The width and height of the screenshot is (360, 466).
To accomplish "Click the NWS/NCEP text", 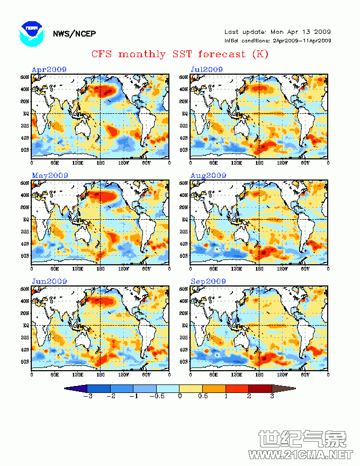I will pos(74,34).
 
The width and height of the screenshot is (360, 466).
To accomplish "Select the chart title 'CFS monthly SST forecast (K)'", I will pos(180,54).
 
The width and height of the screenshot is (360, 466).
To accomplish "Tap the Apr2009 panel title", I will pos(49,69).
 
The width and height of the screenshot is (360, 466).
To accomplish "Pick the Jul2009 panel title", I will pos(206,69).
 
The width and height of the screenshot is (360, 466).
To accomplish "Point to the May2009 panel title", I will pos(49,175).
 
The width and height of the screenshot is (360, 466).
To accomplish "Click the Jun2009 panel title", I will pos(49,281).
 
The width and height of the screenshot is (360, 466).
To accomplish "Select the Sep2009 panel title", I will pos(208,281).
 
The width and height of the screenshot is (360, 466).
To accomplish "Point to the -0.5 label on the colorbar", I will pos(156,396).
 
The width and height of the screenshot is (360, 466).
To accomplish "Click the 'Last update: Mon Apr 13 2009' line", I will pos(277,32).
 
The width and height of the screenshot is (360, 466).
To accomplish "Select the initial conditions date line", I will pos(277,40).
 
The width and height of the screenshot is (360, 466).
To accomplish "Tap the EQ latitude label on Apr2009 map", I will pos(25,113).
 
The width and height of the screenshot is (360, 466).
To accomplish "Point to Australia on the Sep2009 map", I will pos(240,340).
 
